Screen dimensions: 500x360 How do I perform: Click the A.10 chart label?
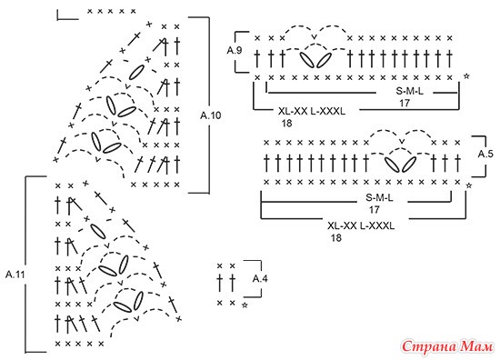pyautogui.click(x=211, y=115)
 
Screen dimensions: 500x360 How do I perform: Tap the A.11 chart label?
pyautogui.click(x=15, y=275)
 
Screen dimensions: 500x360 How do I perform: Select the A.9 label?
pyautogui.click(x=235, y=50)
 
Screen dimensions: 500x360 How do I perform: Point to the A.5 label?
pyautogui.click(x=485, y=154)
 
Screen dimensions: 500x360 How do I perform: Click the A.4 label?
pyautogui.click(x=260, y=279)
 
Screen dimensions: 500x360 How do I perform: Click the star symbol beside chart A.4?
pyautogui.click(x=245, y=305)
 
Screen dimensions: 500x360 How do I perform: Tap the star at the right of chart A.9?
pyautogui.click(x=466, y=76)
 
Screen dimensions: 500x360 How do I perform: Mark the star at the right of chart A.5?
pyautogui.click(x=469, y=185)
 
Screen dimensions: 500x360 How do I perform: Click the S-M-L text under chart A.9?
pyautogui.click(x=410, y=91)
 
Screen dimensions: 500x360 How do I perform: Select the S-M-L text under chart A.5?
pyautogui.click(x=379, y=198)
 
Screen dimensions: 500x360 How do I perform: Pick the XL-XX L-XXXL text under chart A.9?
pyautogui.click(x=312, y=111)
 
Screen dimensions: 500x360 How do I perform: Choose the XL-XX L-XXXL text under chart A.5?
pyautogui.click(x=361, y=225)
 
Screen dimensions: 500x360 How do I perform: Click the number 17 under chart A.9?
pyautogui.click(x=405, y=103)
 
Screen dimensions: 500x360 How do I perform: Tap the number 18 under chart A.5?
pyautogui.click(x=336, y=238)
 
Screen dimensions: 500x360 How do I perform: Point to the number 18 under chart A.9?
pyautogui.click(x=286, y=123)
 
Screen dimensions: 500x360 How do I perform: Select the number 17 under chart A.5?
pyautogui.click(x=374, y=209)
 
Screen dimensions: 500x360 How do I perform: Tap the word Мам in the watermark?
pyautogui.click(x=477, y=346)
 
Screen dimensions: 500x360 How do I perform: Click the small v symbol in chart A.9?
pyautogui.click(x=315, y=37)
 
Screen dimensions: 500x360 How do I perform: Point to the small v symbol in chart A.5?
pyautogui.click(x=402, y=141)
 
